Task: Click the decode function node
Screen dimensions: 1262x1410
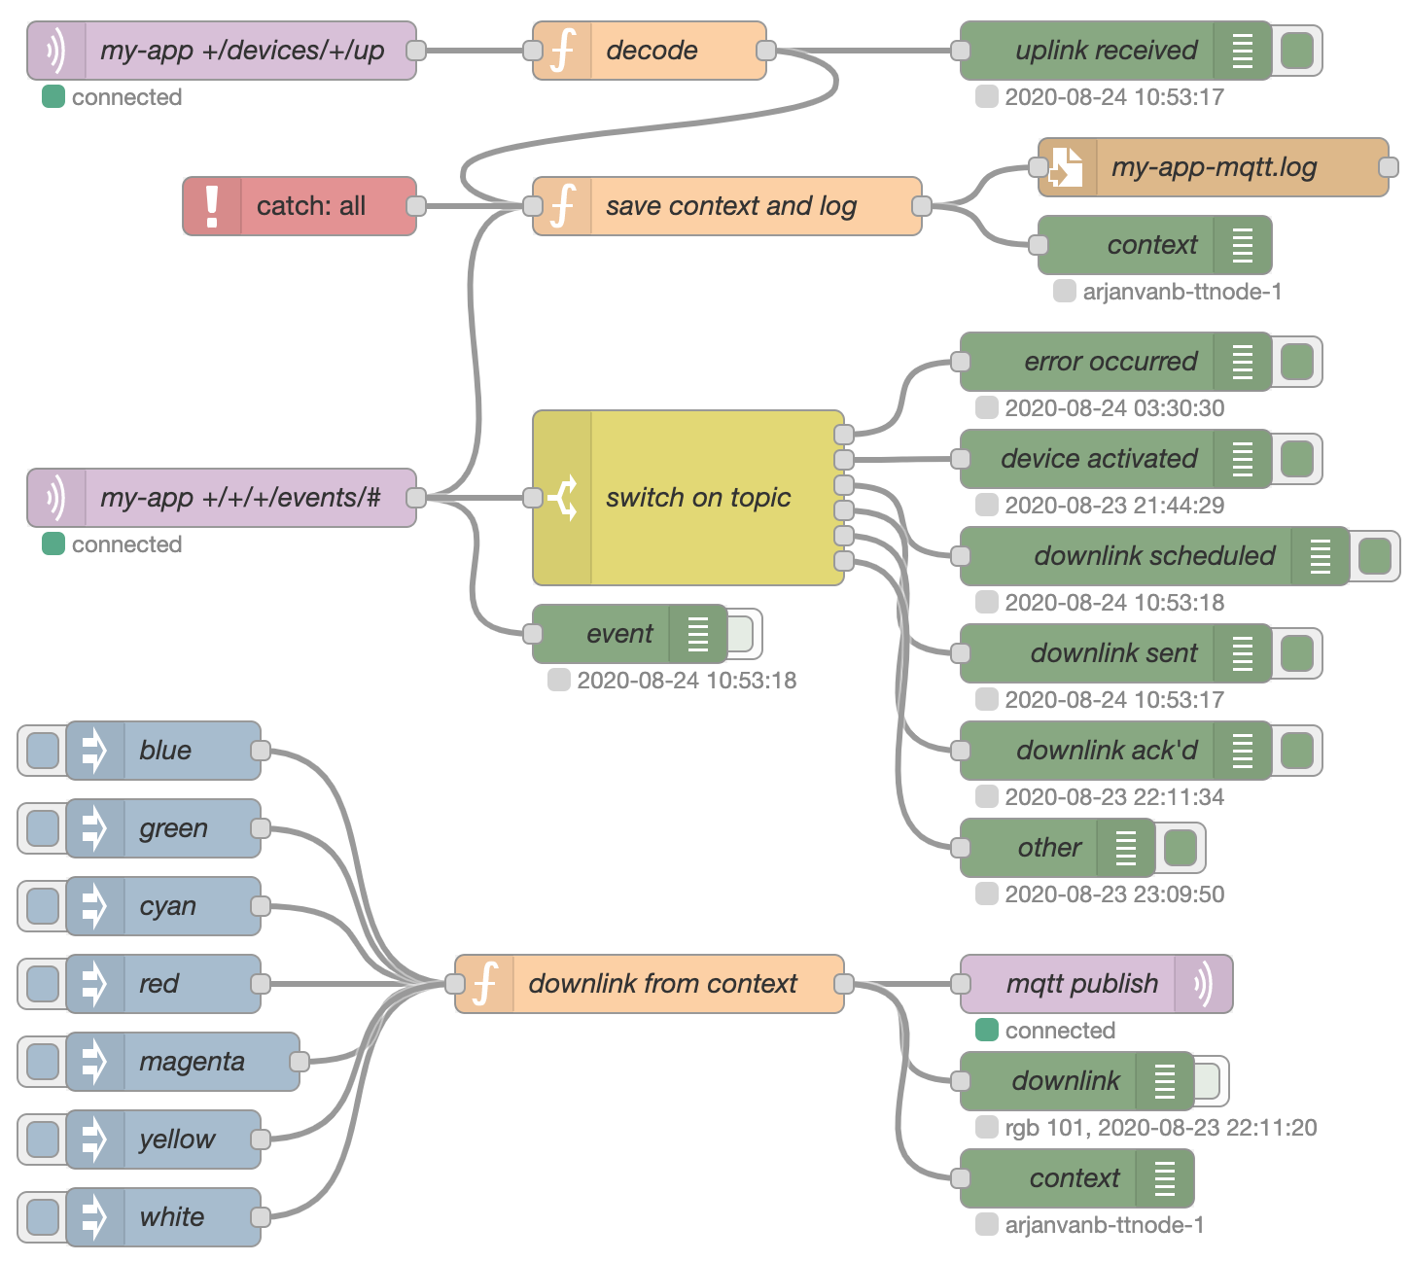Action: point(650,51)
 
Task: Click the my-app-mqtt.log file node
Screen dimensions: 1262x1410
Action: point(1213,167)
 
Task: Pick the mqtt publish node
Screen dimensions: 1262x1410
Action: point(1081,984)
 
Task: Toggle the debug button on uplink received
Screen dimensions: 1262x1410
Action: point(1297,51)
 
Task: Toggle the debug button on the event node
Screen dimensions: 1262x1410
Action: point(741,634)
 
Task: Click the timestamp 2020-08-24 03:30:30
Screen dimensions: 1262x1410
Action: point(1114,408)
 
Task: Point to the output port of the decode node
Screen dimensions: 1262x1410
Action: point(766,51)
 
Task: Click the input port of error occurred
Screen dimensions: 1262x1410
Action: point(961,362)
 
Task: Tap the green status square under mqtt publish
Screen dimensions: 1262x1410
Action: point(987,1031)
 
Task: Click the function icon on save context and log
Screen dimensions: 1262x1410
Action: point(562,206)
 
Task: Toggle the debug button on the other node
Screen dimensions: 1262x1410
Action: point(1181,848)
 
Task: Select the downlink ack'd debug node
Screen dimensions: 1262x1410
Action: point(1107,751)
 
